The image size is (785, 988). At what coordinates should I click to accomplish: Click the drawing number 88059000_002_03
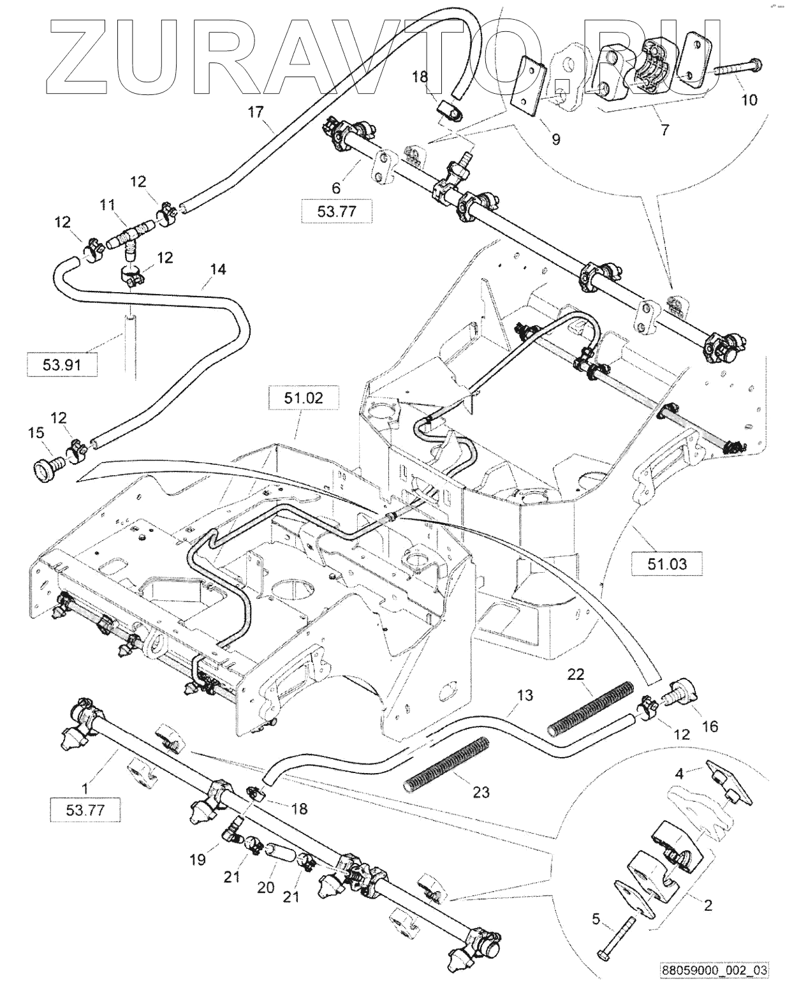712,970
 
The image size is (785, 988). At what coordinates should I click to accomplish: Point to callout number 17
256,113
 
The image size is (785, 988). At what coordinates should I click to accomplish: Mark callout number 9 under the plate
556,138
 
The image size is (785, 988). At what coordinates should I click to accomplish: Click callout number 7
664,131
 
